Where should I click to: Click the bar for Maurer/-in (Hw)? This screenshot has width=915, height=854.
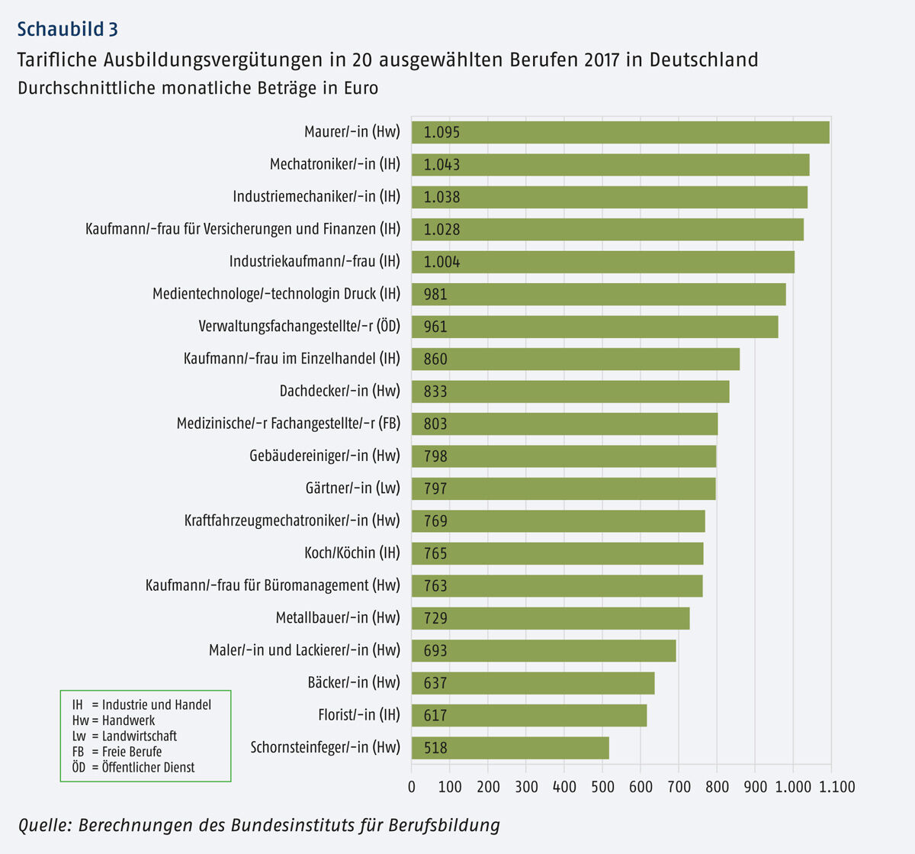tap(620, 132)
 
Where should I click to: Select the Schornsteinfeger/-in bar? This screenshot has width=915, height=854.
tap(510, 748)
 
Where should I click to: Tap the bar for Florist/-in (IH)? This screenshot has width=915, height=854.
tap(529, 715)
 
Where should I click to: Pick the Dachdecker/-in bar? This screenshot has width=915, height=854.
tap(570, 392)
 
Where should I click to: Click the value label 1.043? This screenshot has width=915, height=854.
tap(442, 165)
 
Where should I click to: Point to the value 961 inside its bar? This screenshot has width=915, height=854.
tap(435, 327)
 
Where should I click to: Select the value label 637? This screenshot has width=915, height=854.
tap(435, 683)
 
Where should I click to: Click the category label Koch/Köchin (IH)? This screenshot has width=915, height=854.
tap(352, 553)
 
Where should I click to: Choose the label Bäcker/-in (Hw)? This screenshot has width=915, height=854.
tap(354, 682)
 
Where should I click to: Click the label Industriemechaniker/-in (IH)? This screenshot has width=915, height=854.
tap(316, 196)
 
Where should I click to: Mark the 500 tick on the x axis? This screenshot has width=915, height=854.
tap(602, 787)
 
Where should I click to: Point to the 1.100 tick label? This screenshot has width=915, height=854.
tap(836, 787)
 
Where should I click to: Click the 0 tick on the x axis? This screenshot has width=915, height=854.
tap(412, 787)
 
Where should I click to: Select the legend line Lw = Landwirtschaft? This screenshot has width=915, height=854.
tap(124, 736)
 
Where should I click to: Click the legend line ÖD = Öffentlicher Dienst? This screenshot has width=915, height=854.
tap(133, 767)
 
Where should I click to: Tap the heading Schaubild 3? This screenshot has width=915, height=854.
tap(68, 29)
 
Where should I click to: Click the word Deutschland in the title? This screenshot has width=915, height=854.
tap(704, 60)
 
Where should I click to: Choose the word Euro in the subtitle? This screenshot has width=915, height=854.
tap(361, 88)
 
